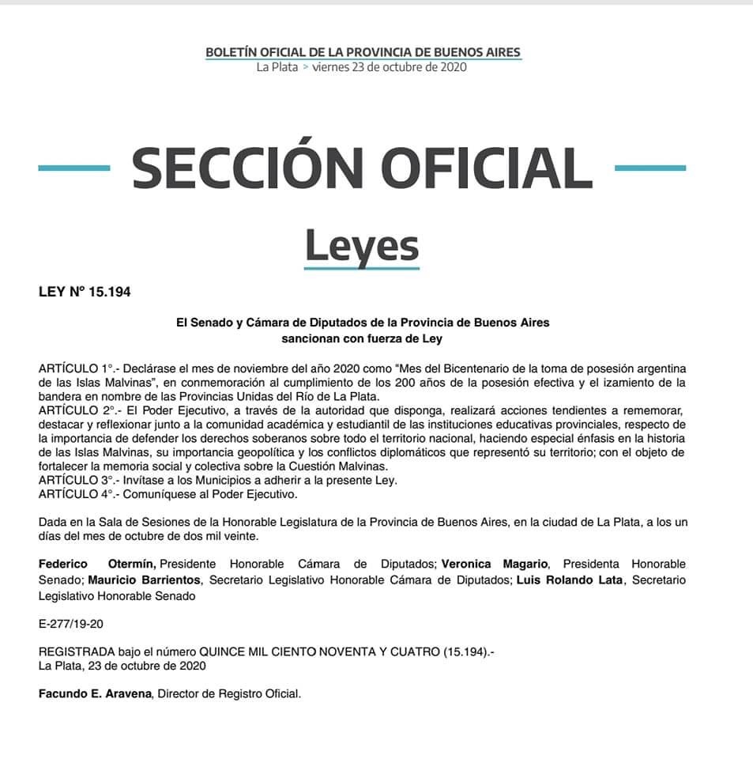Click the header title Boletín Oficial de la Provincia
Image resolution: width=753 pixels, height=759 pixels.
click(363, 52)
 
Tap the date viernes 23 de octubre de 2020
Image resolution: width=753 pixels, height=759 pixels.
click(389, 67)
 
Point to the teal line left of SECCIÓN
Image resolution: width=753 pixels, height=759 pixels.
click(73, 168)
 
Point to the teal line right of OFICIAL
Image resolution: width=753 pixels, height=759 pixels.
click(649, 168)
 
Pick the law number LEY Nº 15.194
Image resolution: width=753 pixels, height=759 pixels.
click(85, 292)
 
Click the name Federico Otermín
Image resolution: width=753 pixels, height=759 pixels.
click(97, 564)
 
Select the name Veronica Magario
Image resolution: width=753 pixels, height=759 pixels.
click(495, 564)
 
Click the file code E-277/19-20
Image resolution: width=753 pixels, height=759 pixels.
click(70, 624)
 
